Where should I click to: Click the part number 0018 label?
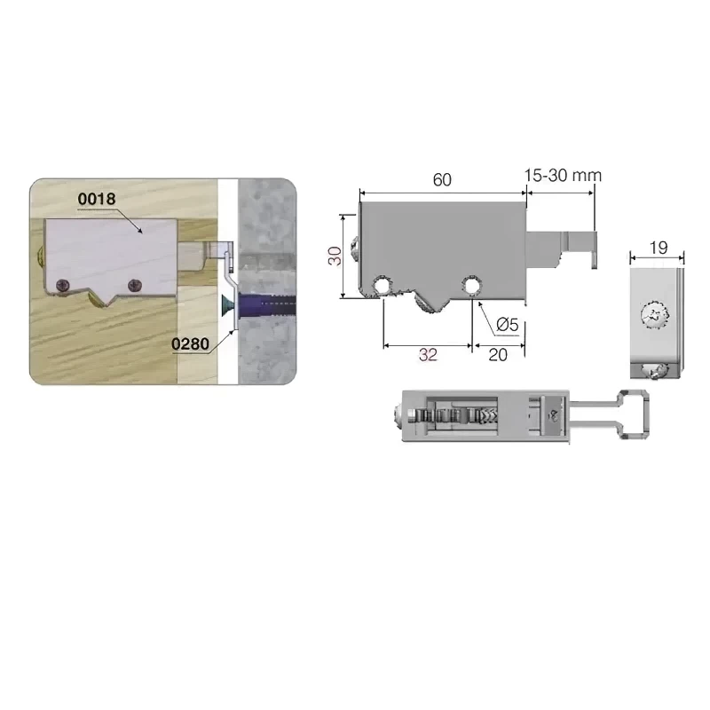(x=97, y=199)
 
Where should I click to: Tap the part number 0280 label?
(x=190, y=344)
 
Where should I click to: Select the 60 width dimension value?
(x=442, y=180)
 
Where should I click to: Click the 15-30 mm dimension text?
(x=563, y=175)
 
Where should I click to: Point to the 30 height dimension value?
(x=335, y=256)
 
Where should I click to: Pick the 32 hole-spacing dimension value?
(x=428, y=354)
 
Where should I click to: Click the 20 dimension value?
(x=498, y=354)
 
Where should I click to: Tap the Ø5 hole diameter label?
(x=507, y=325)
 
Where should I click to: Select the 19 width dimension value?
(x=659, y=248)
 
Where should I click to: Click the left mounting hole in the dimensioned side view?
(x=383, y=286)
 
